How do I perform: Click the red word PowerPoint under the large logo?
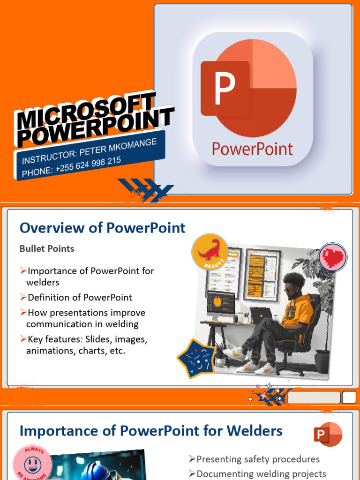pos(252,149)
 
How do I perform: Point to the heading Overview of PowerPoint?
pos(102,228)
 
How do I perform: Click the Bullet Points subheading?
pos(47,249)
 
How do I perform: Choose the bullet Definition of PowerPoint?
pos(80,297)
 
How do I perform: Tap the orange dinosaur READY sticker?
pos(210,252)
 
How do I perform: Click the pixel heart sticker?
pos(333,257)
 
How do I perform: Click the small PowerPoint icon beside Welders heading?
pos(328,435)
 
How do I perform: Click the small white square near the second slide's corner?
pos(349,397)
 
